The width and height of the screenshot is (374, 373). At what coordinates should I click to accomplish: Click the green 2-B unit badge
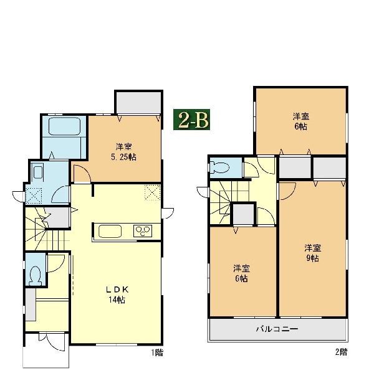(x=191, y=120)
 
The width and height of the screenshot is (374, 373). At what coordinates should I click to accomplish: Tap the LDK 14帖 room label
(x=117, y=295)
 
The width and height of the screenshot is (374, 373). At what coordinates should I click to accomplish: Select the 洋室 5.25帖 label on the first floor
(x=123, y=152)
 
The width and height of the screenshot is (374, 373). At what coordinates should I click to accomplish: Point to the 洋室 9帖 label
(x=312, y=253)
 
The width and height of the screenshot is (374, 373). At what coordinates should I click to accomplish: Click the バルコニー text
(x=277, y=329)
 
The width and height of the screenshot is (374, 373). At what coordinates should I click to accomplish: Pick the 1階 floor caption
(x=157, y=352)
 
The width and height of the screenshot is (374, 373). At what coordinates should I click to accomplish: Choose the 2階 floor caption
(x=341, y=352)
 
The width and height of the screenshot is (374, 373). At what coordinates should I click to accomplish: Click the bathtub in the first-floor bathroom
(x=64, y=126)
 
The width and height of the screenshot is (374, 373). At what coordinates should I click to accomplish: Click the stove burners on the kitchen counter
(x=143, y=230)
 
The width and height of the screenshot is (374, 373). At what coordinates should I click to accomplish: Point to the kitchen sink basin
(x=110, y=231)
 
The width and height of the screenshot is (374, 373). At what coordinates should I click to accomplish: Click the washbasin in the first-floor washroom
(x=38, y=172)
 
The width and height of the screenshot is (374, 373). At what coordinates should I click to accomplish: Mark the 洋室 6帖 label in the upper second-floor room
(x=301, y=121)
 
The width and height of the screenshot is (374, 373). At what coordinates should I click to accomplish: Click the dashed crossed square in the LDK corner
(x=153, y=192)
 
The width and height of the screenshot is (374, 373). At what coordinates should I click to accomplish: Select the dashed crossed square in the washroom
(x=34, y=196)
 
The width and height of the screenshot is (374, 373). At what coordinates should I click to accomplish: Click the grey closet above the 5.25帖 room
(x=138, y=103)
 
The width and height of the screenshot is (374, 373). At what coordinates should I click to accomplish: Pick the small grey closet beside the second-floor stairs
(x=244, y=214)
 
